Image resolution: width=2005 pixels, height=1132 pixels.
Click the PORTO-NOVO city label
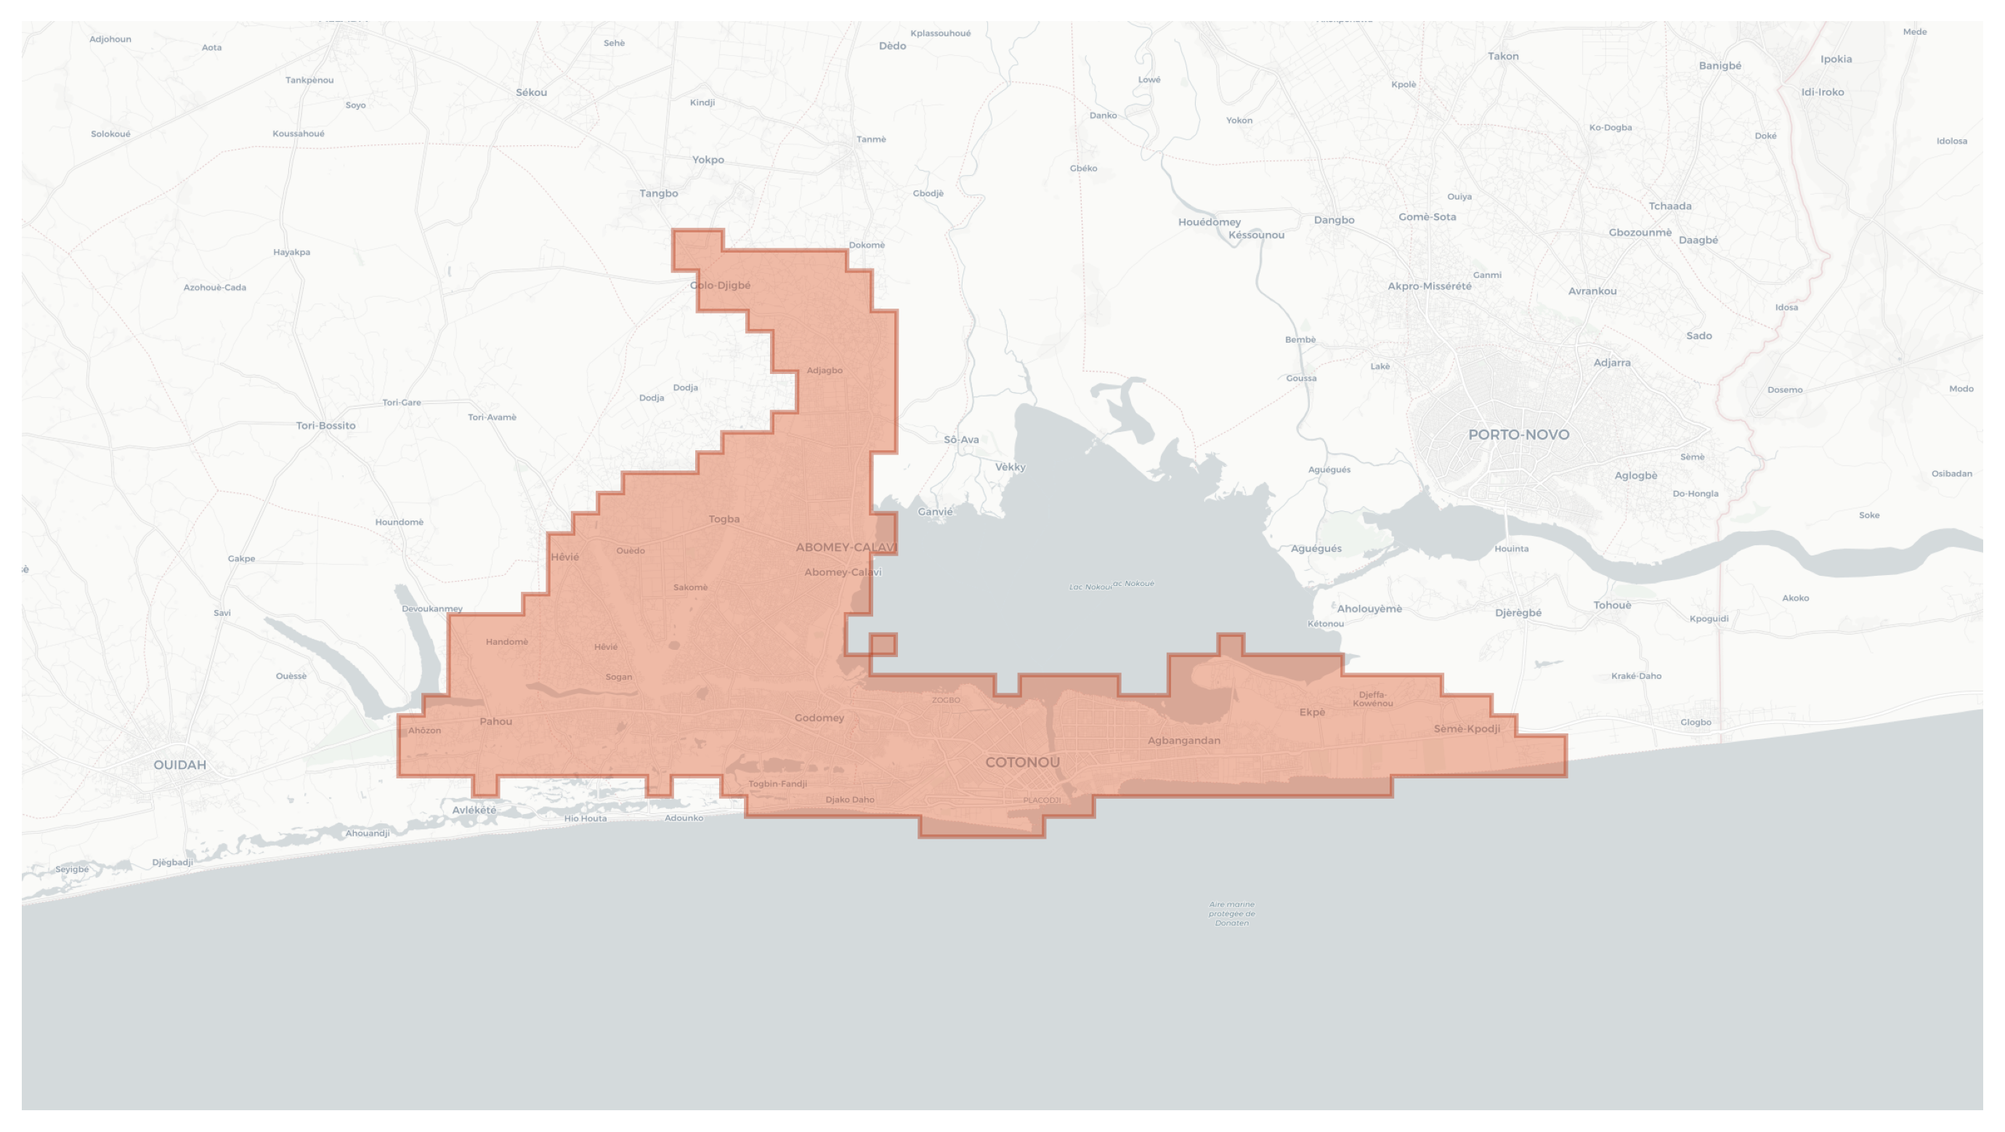pyautogui.click(x=1518, y=435)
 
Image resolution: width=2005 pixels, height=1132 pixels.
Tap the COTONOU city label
pyautogui.click(x=1022, y=762)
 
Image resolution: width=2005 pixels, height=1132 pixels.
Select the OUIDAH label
pyautogui.click(x=180, y=765)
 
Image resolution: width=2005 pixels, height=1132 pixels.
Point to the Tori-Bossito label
pyautogui.click(x=325, y=425)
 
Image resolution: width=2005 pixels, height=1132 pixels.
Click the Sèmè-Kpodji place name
pyautogui.click(x=1467, y=729)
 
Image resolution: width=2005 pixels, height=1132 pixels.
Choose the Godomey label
pyautogui.click(x=819, y=718)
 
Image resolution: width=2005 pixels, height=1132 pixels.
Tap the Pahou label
pyautogui.click(x=495, y=721)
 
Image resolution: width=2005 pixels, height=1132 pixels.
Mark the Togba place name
pyautogui.click(x=724, y=519)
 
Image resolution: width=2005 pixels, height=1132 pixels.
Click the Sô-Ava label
pyautogui.click(x=961, y=439)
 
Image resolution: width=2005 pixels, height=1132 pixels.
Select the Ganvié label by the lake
pyautogui.click(x=935, y=511)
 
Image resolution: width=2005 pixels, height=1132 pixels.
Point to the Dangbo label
pyautogui.click(x=1334, y=220)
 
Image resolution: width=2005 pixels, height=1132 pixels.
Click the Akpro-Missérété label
pyautogui.click(x=1429, y=286)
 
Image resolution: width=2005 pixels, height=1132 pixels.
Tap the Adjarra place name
pyautogui.click(x=1611, y=362)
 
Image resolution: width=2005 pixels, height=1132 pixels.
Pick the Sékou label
pyautogui.click(x=531, y=93)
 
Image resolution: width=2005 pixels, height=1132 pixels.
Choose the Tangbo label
pyautogui.click(x=658, y=194)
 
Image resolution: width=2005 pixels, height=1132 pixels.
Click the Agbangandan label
pyautogui.click(x=1184, y=741)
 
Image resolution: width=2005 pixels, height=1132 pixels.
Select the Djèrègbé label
pyautogui.click(x=1518, y=613)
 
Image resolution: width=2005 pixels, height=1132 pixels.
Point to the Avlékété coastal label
pyautogui.click(x=474, y=810)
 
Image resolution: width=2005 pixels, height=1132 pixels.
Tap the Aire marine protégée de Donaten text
pyautogui.click(x=1231, y=913)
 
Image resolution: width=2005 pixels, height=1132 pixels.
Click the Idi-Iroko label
pyautogui.click(x=1822, y=91)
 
